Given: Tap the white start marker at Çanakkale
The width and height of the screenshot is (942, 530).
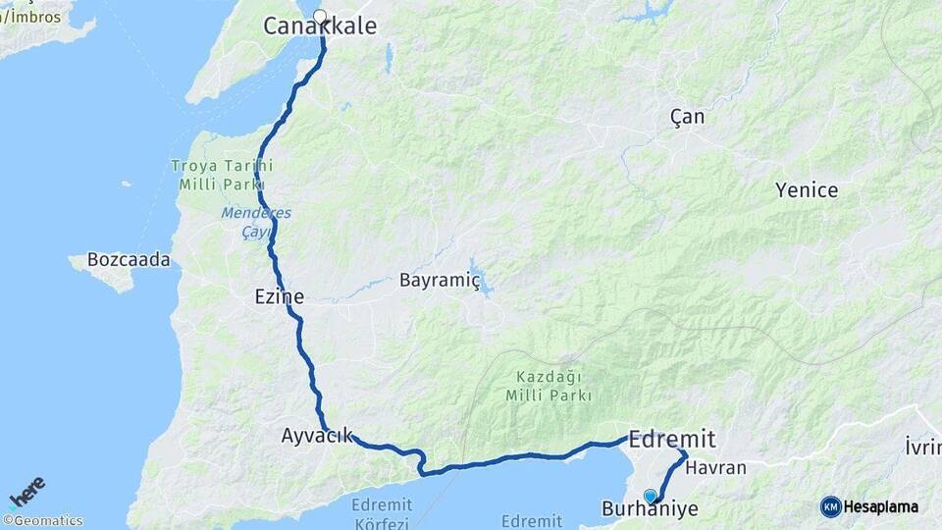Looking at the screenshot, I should point(319,16).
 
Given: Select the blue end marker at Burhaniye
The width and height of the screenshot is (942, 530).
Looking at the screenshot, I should point(650,497).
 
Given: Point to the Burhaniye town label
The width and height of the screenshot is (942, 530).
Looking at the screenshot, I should point(649,510).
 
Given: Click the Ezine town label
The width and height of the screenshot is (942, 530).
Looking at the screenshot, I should point(278,296).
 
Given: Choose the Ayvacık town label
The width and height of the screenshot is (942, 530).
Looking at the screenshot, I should point(317,435).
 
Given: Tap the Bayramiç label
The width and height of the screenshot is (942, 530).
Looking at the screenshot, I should point(439,281).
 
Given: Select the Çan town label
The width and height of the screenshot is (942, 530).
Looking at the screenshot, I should point(687,117).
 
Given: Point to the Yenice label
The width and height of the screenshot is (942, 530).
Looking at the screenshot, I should point(807,190).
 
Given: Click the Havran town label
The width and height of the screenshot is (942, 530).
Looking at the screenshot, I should point(715,468).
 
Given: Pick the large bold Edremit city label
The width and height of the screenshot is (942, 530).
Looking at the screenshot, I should point(672,439).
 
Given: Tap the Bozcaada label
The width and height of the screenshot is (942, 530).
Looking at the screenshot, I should point(129,260).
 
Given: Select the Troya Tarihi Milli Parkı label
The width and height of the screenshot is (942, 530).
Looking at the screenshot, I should point(221,175).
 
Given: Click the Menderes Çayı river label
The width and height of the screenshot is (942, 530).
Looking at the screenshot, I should point(243,221).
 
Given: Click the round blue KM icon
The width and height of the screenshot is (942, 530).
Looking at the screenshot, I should point(831,506).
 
